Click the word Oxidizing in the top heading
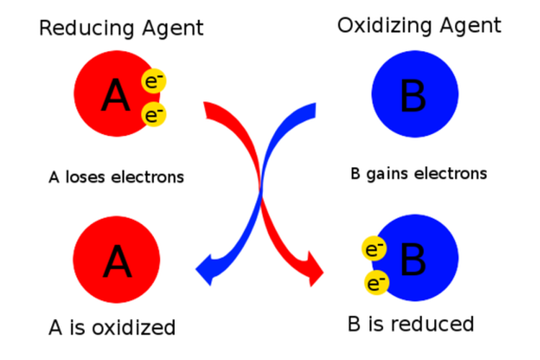click(x=377, y=27)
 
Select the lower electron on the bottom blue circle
click(x=374, y=284)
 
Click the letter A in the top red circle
click(x=115, y=96)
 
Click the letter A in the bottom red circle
click(x=117, y=261)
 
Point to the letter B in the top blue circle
click(x=413, y=96)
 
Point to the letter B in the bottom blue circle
click(x=413, y=261)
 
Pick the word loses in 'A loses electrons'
click(x=83, y=176)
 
